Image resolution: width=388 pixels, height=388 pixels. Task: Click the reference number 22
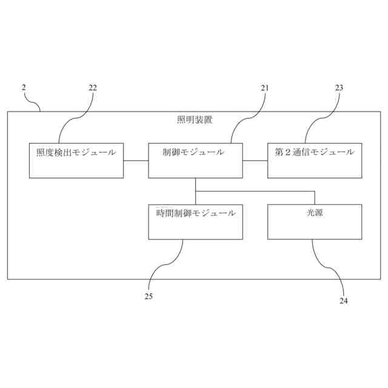[x=92, y=87]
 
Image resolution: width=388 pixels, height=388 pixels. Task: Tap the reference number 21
[x=265, y=87]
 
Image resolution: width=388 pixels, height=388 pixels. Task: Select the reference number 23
[x=339, y=87]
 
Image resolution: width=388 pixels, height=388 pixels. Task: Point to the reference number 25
[x=149, y=296]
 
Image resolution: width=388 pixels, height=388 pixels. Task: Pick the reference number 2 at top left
[x=24, y=87]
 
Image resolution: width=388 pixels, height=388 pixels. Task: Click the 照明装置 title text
[x=195, y=120]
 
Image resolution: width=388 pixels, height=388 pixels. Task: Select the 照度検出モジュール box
[x=76, y=161]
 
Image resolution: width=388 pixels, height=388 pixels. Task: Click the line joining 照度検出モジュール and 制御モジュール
[x=136, y=161]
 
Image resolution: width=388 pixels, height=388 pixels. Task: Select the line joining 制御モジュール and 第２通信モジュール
[x=255, y=161]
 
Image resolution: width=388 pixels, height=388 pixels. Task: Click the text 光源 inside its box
[x=314, y=213]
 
